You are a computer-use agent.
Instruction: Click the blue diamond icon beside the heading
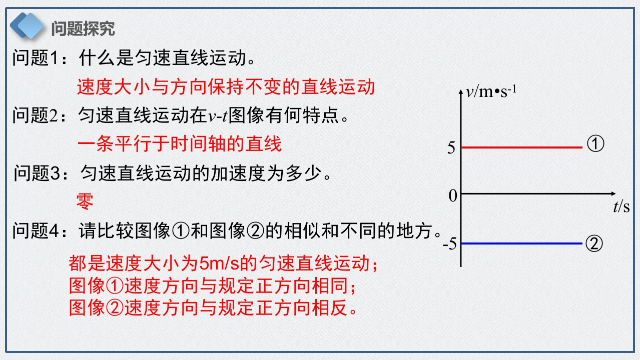27,25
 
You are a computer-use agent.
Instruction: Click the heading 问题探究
83,28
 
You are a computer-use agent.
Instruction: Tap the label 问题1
36,57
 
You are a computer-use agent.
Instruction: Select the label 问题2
36,115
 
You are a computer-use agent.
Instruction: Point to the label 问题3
37,173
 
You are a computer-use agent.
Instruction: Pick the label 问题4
36,230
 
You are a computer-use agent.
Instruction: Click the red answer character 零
85,201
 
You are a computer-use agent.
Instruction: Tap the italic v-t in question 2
218,116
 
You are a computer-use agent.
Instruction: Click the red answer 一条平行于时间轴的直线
180,143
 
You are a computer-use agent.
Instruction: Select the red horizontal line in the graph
522,147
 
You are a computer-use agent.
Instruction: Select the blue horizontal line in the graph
522,243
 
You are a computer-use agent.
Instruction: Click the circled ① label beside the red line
595,143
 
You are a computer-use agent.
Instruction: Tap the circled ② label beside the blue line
594,243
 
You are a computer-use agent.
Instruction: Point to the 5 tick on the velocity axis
451,147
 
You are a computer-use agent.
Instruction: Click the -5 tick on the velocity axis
450,244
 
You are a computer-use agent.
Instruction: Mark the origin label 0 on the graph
453,196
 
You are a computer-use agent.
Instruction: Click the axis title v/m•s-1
491,91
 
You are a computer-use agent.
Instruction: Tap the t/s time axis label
621,206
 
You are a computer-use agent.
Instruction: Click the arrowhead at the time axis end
613,193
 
